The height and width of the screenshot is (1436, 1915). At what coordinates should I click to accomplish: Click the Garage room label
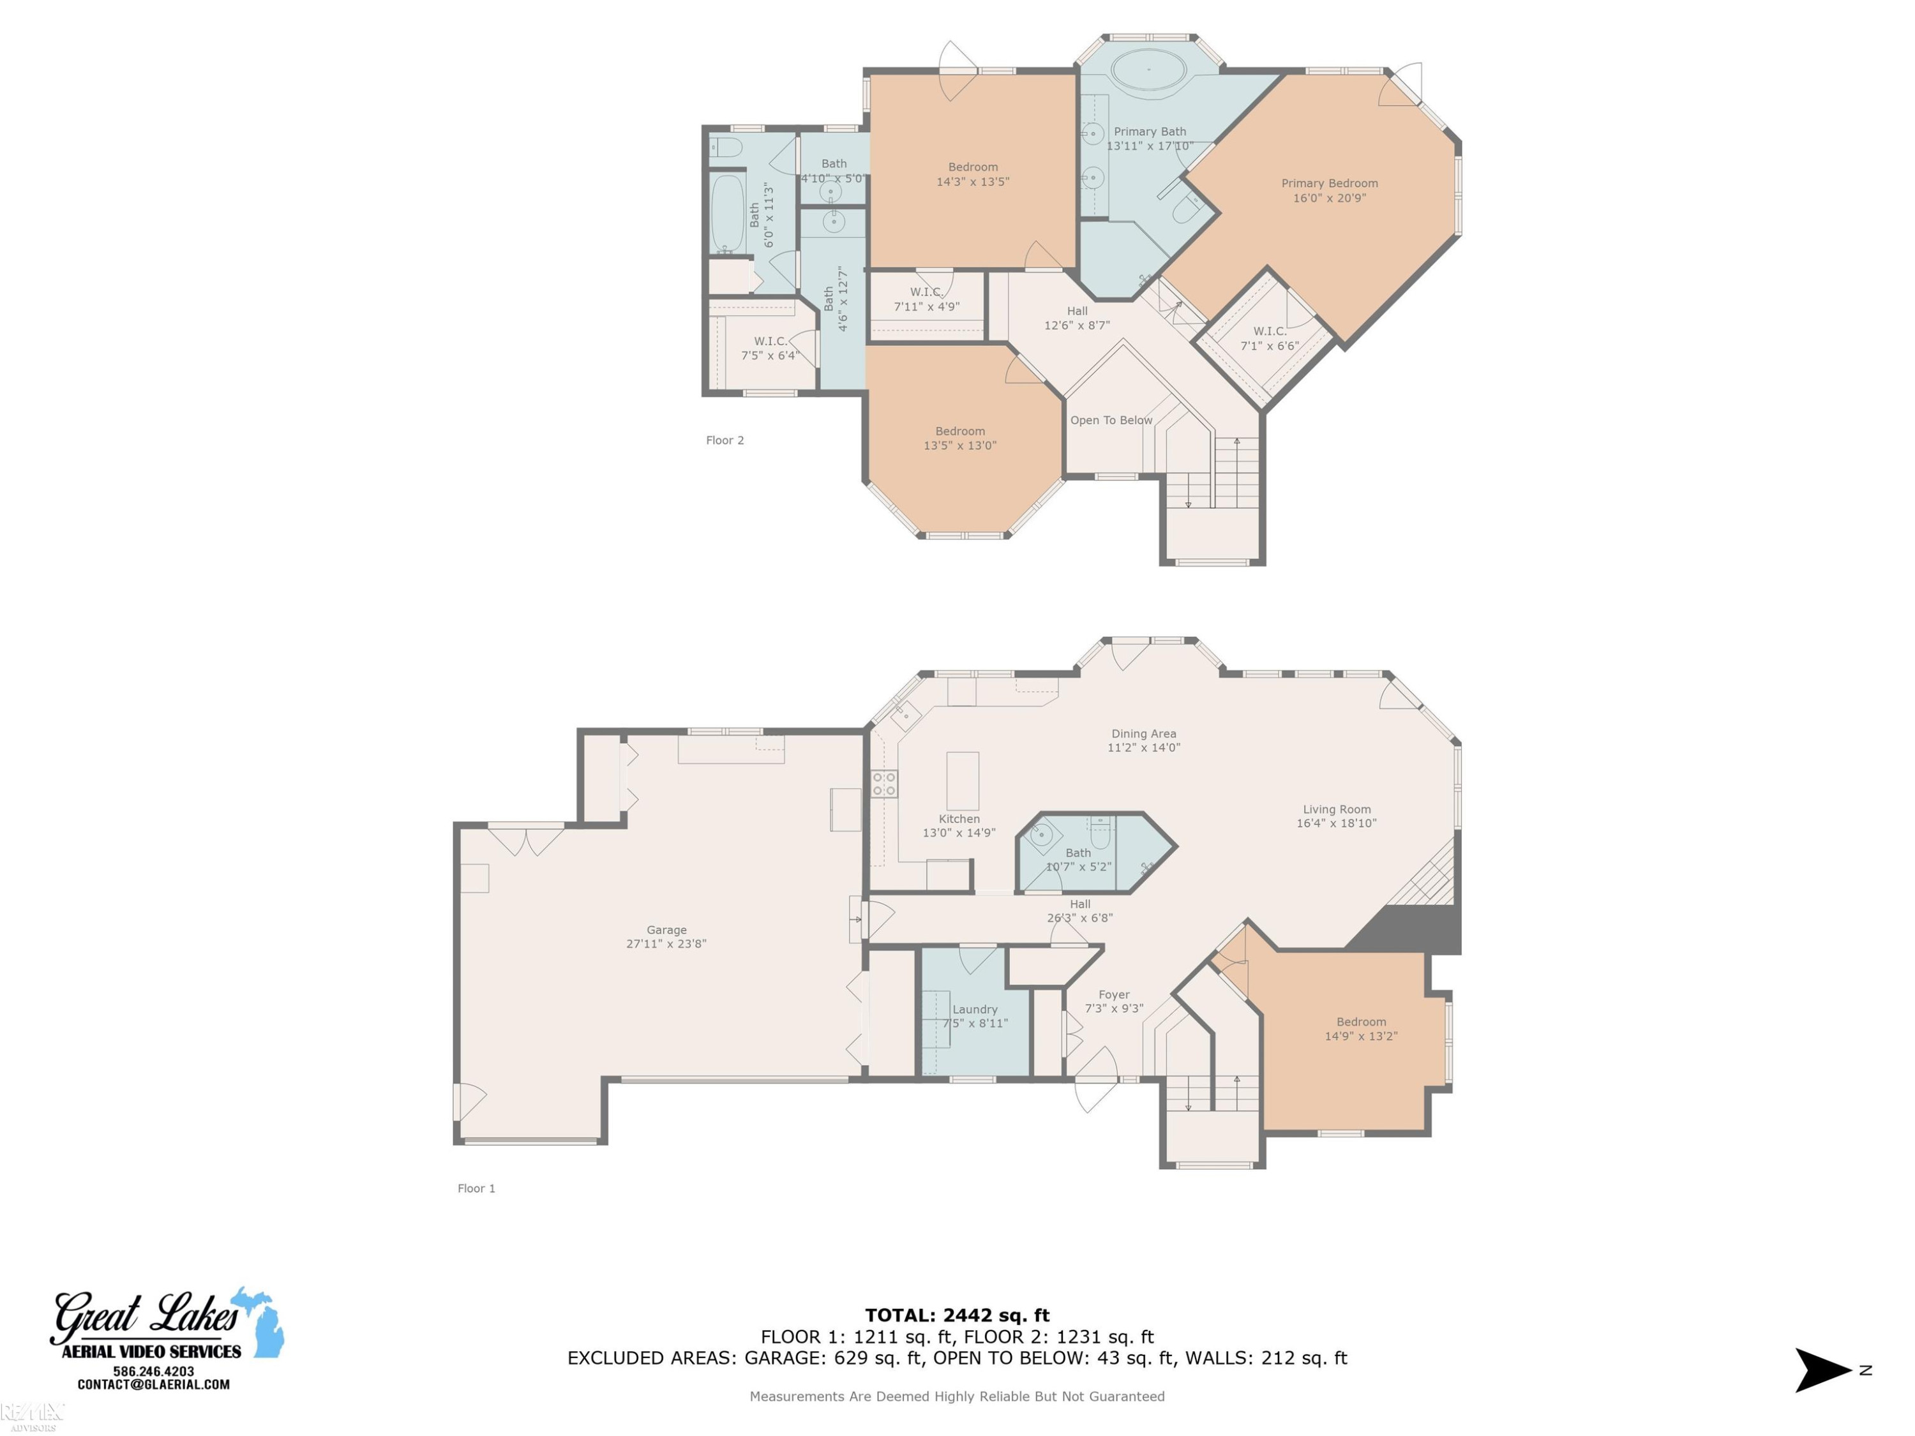pos(666,936)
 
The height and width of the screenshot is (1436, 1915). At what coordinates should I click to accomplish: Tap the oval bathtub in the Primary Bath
pos(1149,69)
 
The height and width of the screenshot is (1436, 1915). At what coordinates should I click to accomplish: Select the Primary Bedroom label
pos(1329,190)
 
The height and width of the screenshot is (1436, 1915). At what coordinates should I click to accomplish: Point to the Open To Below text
pos(1111,420)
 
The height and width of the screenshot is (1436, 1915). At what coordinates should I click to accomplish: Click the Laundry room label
pos(975,1016)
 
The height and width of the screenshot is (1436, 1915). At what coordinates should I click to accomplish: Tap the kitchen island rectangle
pos(962,781)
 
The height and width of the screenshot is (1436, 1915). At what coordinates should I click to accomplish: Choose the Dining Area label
pos(1144,740)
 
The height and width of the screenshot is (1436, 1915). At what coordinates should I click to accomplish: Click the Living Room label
pos(1336,816)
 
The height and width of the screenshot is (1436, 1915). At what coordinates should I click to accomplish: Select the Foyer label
pos(1114,1001)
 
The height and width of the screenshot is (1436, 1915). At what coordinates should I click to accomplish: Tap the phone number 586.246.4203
pos(153,1371)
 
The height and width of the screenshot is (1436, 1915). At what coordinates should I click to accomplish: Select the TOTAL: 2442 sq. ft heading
pos(957,1315)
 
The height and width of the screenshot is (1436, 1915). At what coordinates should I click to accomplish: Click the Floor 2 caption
pos(725,440)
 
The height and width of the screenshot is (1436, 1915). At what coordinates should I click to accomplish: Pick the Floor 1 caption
pos(476,1188)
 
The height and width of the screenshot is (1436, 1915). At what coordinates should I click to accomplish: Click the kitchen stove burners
pos(884,784)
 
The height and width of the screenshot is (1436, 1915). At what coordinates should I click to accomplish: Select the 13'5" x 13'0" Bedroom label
pos(959,438)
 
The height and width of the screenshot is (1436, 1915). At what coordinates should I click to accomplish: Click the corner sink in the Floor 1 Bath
pos(1042,835)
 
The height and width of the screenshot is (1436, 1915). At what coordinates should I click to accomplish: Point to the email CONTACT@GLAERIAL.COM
pos(153,1384)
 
